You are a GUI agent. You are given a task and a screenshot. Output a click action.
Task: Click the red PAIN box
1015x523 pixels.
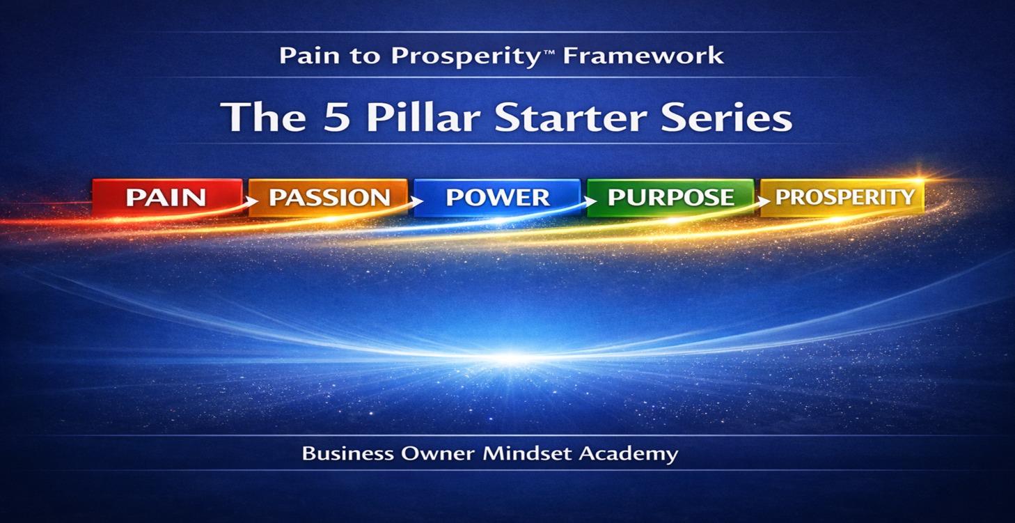(166, 196)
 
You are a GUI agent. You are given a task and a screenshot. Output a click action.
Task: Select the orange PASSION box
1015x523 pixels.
(329, 196)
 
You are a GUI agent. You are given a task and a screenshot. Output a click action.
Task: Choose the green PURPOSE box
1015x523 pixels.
(670, 196)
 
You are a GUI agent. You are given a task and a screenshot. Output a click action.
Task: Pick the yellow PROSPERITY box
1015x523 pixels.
(844, 196)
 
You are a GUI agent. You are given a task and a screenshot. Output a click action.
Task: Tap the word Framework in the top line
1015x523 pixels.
(643, 56)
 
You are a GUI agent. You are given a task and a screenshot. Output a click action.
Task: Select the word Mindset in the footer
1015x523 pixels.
(526, 454)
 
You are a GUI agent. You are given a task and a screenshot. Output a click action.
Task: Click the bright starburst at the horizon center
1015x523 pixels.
(510, 359)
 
